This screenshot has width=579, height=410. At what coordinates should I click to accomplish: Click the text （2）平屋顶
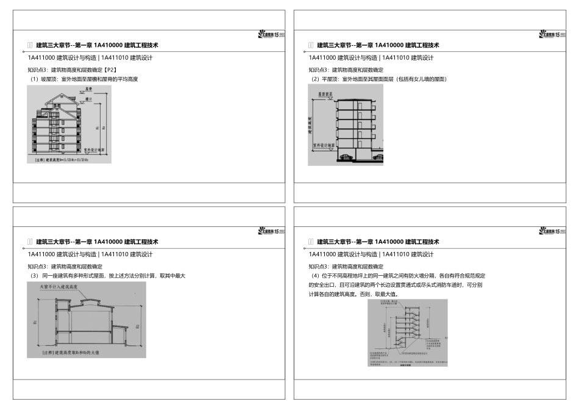coord(325,79)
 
